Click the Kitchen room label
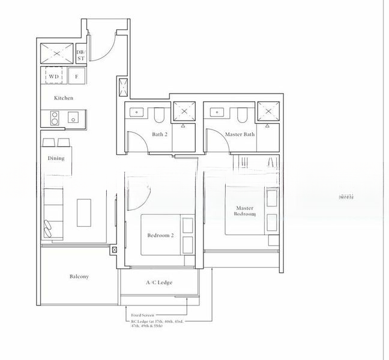point(64,98)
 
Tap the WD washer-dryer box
point(53,77)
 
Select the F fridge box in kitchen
point(76,77)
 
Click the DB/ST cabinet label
point(81,56)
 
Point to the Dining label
point(56,158)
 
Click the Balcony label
point(79,277)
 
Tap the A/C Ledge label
point(159,282)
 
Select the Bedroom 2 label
point(160,236)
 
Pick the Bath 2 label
point(159,134)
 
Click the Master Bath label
point(240,134)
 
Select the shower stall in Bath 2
point(182,112)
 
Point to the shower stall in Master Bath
point(265,112)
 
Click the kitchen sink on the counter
point(73,116)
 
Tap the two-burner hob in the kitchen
point(53,117)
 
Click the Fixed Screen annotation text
point(143,315)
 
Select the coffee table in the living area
point(83,212)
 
